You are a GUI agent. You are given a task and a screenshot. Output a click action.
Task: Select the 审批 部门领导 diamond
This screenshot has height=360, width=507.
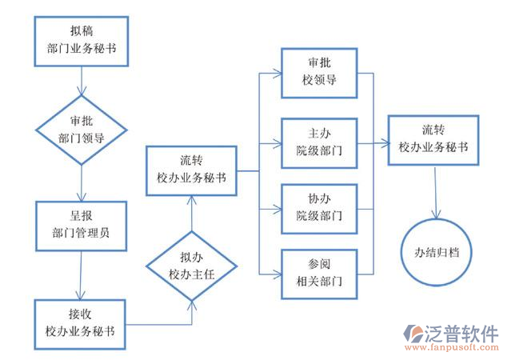coord(81,129)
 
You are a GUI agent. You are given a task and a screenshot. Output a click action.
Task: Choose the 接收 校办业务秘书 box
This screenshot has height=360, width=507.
coord(80,324)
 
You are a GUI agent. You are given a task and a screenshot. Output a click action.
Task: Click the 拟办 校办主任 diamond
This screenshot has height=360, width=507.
coord(192,266)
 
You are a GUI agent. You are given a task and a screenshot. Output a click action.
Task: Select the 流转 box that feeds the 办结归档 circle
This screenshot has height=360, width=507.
coord(433,139)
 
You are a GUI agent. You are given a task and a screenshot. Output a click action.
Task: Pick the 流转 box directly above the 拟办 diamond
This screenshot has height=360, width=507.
coord(192,170)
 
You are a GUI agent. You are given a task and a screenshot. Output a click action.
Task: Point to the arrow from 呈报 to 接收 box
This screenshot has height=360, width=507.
coord(81,275)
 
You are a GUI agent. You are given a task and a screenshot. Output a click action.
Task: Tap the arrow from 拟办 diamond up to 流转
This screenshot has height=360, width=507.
coord(192,213)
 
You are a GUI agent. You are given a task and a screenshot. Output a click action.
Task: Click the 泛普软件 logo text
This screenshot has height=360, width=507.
coord(461,333)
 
